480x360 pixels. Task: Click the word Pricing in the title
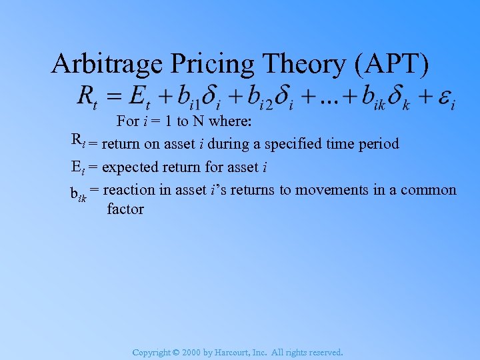pyautogui.click(x=207, y=64)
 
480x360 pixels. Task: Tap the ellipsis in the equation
pyautogui.click(x=327, y=99)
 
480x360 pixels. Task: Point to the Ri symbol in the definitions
pyautogui.click(x=77, y=141)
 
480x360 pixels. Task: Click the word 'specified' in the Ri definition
pyautogui.click(x=291, y=143)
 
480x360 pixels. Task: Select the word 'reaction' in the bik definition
pyautogui.click(x=129, y=190)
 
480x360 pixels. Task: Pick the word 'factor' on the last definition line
pyautogui.click(x=125, y=209)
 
